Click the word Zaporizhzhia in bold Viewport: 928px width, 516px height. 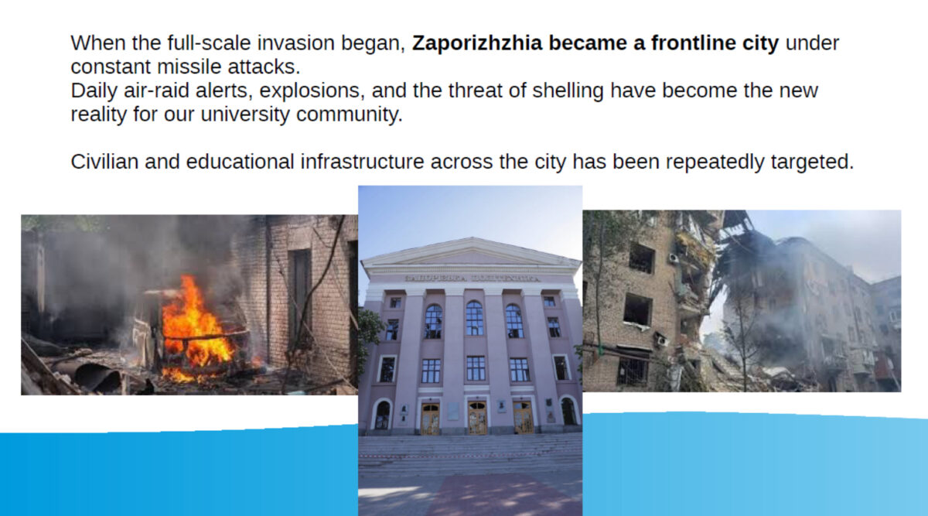477,43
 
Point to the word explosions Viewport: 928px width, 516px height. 312,91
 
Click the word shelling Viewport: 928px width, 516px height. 568,91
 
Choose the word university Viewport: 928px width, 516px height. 245,114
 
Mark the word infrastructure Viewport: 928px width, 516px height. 362,162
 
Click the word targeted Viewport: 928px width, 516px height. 813,162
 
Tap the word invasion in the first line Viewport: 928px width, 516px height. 295,43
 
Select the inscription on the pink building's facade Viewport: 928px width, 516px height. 472,279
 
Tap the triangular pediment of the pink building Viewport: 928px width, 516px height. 470,253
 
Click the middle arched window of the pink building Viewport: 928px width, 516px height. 474,318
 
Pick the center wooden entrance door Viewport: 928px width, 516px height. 477,417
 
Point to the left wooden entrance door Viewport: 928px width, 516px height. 431,419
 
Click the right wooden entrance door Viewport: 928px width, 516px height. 523,418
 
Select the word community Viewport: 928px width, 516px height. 350,114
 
